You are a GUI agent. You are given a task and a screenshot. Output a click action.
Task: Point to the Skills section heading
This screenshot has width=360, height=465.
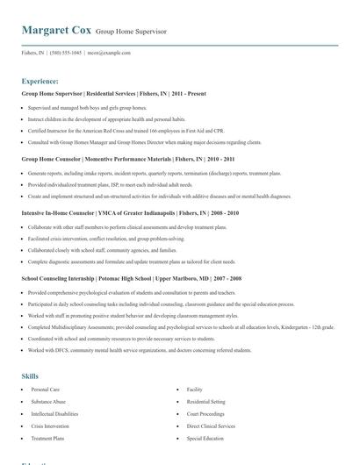coord(30,376)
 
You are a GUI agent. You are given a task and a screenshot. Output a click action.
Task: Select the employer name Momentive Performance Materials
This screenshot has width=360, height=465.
coord(126,159)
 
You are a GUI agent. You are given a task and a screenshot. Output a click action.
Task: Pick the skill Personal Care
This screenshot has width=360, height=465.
coord(46,389)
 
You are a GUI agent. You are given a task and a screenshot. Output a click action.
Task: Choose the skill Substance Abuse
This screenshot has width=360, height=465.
coord(48,401)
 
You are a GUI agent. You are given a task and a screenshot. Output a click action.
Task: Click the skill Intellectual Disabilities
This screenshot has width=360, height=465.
coord(54,413)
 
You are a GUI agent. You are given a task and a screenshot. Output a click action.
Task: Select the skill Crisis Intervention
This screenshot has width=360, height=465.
coord(51,426)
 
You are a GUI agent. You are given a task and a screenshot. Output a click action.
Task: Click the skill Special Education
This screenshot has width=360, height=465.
coord(205,438)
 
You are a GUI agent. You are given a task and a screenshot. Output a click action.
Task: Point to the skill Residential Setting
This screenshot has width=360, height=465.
coord(207,401)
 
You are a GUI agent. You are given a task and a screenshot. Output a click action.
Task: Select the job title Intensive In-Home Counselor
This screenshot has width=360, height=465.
coord(59,213)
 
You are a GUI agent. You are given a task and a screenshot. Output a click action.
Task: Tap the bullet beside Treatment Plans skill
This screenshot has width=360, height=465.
coord(23,438)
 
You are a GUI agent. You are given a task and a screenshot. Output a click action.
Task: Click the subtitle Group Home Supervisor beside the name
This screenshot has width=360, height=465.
coord(132,33)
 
